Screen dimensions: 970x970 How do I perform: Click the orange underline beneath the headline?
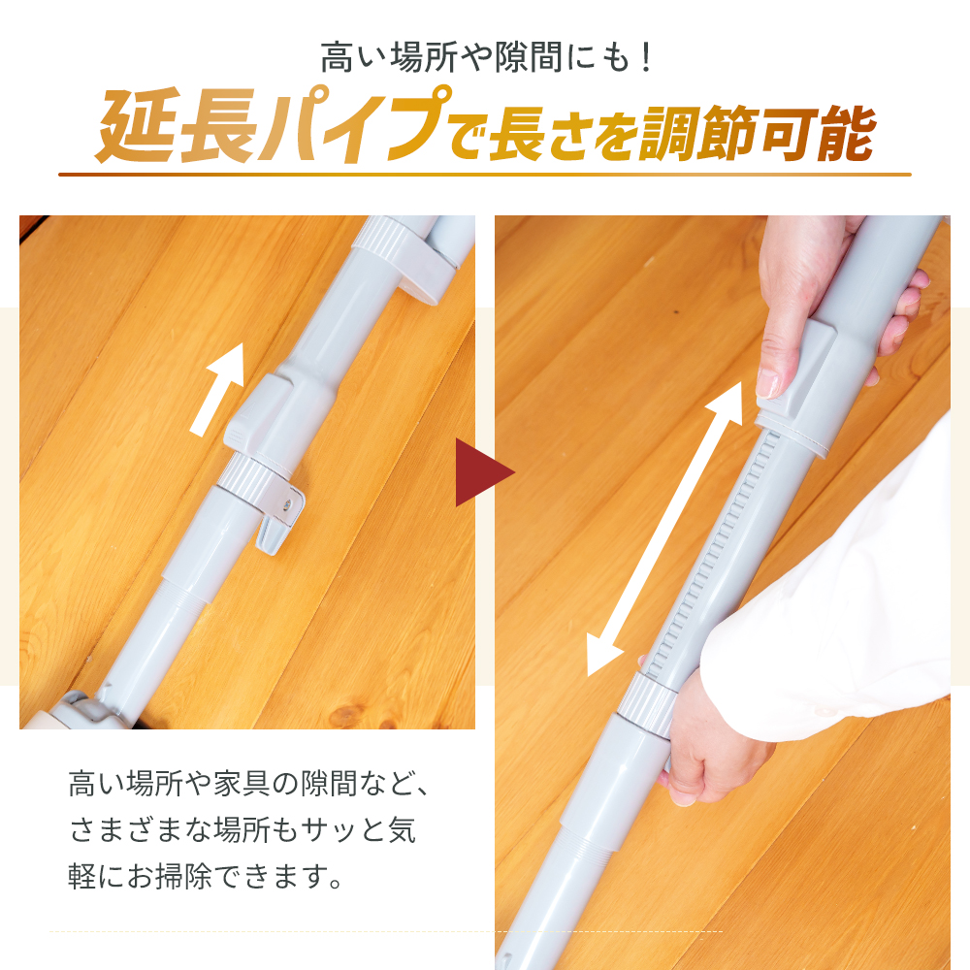485,175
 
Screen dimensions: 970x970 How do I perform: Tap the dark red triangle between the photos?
482,473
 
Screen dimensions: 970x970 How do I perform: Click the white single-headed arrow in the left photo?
219,388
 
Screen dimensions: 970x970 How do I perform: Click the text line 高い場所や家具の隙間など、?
247,783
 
